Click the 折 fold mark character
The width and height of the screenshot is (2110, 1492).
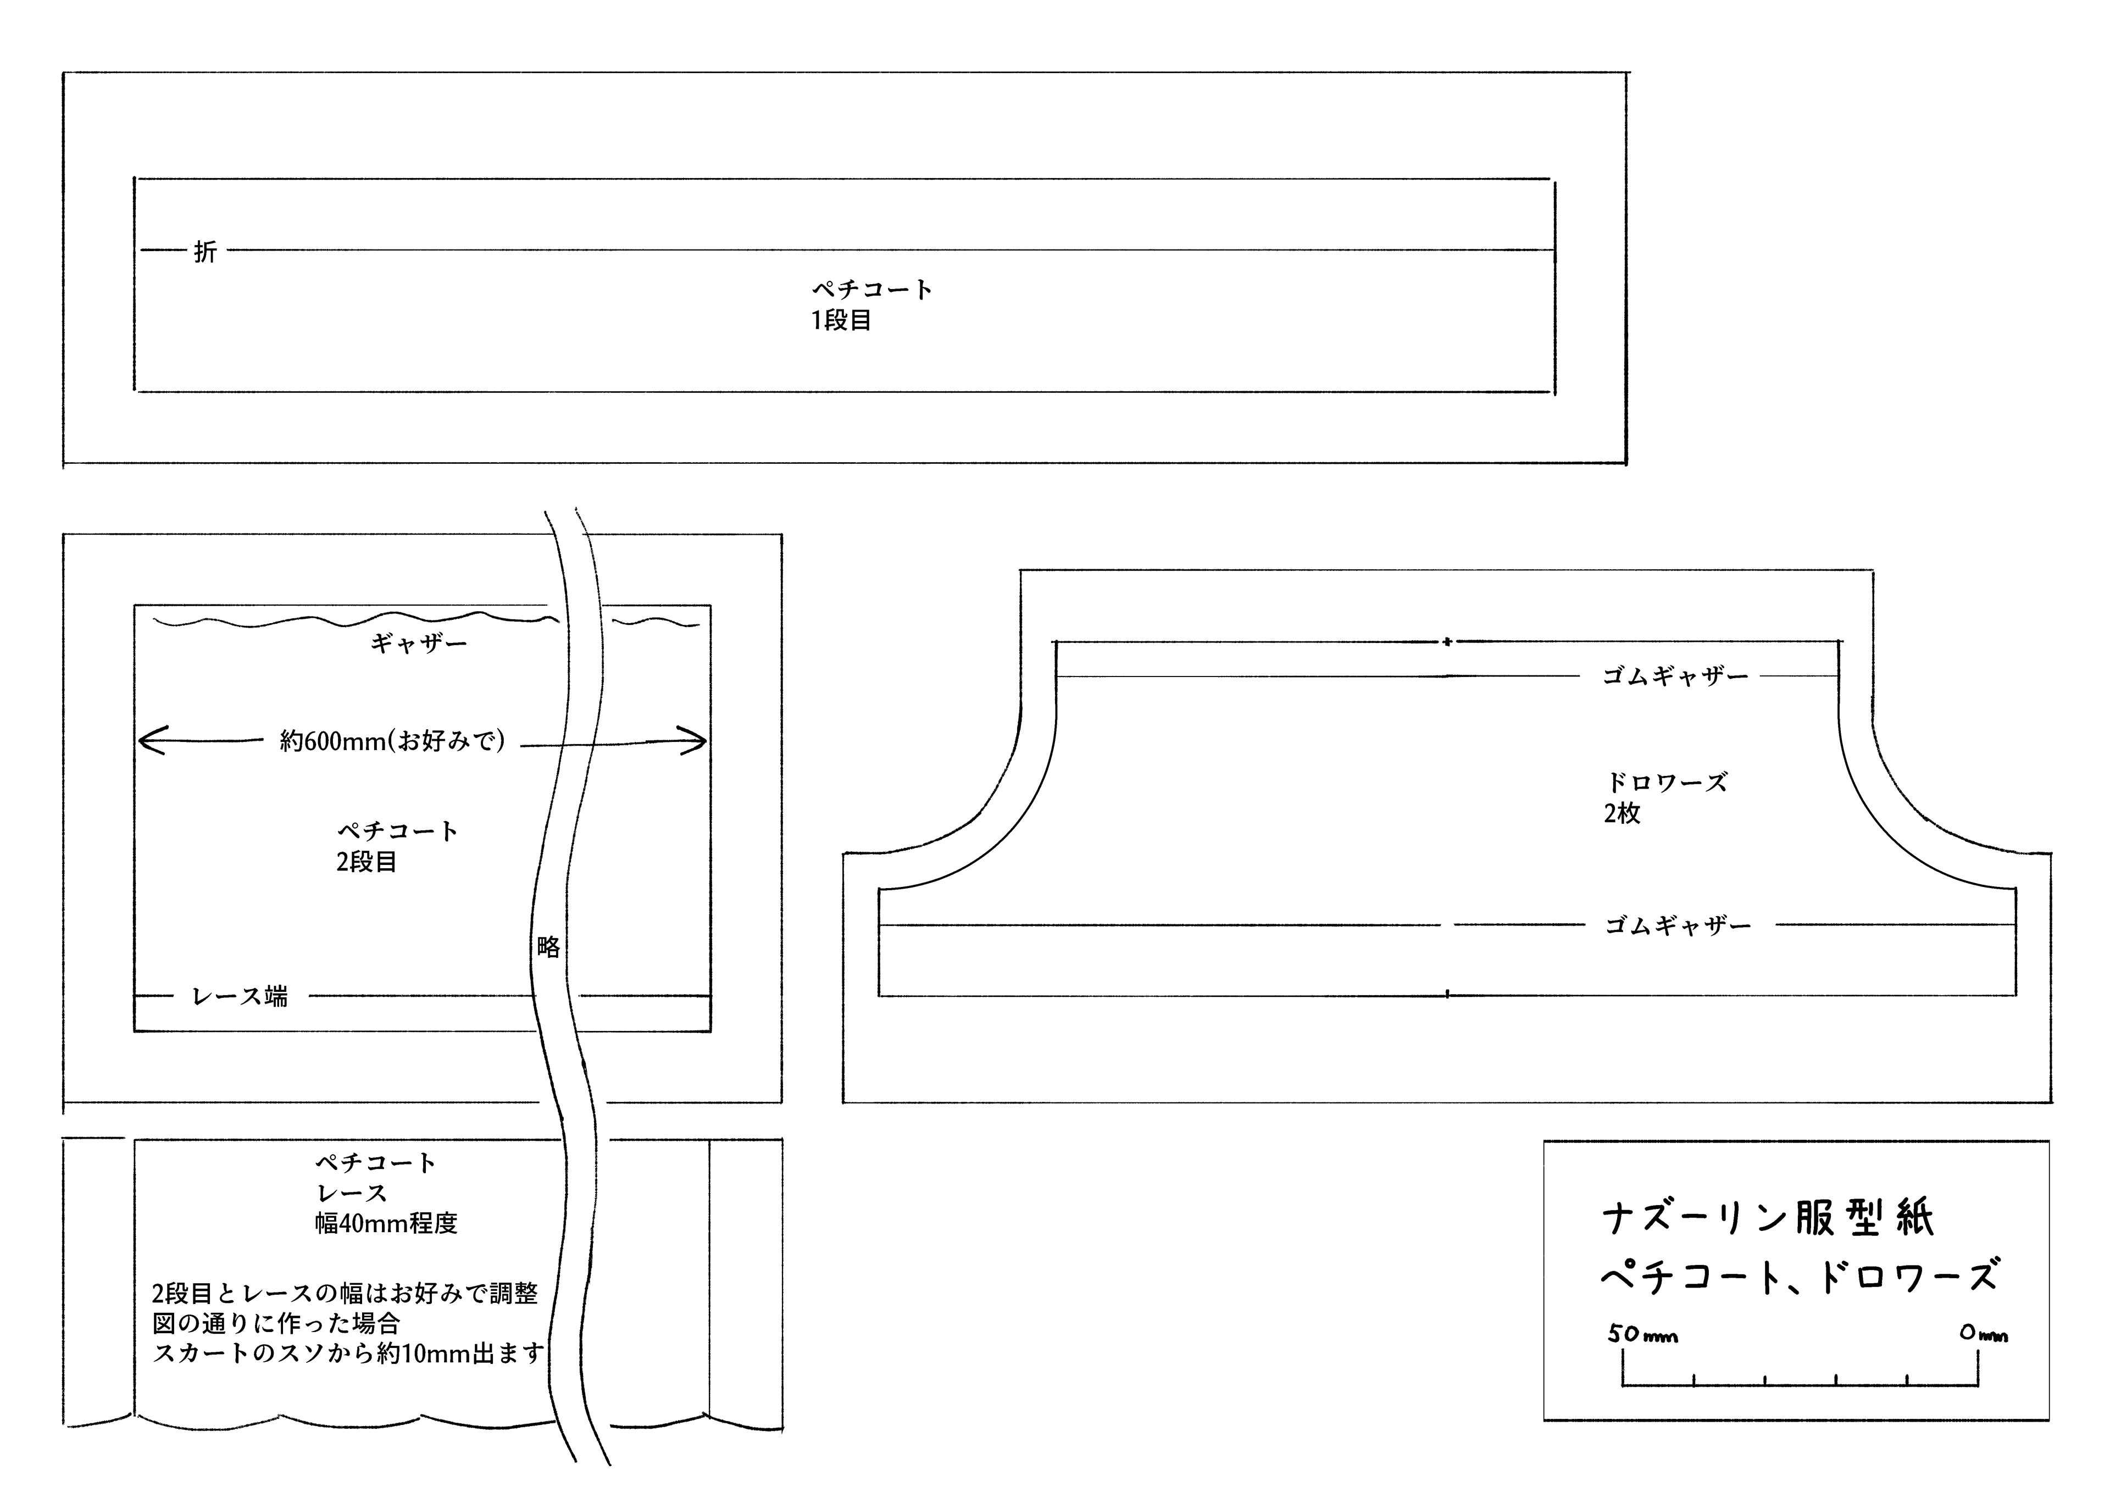[205, 251]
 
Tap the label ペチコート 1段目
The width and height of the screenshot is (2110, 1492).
[871, 304]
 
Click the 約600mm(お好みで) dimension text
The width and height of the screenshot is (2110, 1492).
[392, 741]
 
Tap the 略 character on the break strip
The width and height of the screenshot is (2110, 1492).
[548, 947]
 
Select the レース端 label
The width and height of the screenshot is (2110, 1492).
[240, 996]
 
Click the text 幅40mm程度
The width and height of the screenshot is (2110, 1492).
[386, 1224]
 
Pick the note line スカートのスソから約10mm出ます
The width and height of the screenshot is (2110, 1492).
[347, 1353]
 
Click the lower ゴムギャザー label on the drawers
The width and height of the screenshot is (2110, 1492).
[1678, 926]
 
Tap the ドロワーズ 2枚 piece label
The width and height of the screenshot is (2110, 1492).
[1665, 797]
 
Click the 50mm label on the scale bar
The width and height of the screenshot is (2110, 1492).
[1643, 1334]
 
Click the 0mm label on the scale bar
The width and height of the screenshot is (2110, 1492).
[1983, 1333]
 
